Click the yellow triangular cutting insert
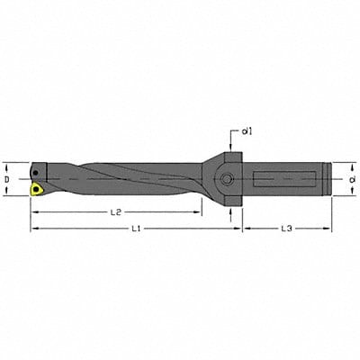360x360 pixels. coord(36,190)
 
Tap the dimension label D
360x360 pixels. coord(9,178)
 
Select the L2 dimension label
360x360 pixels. coord(114,211)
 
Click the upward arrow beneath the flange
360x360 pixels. coord(231,211)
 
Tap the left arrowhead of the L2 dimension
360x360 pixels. coord(34,211)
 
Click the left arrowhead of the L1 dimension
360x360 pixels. coord(34,229)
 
